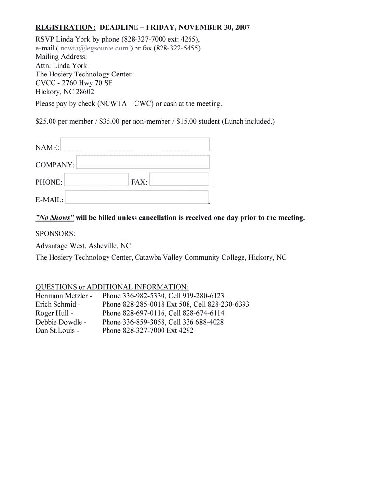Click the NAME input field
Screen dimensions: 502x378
[135, 145]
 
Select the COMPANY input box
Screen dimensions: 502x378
[143, 162]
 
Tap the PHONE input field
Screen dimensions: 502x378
[96, 180]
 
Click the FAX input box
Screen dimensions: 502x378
[179, 180]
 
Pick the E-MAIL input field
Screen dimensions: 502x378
[136, 198]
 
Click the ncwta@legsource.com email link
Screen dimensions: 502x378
[94, 48]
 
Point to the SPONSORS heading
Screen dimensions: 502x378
[55, 233]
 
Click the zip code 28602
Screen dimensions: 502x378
[82, 92]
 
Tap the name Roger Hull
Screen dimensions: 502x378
[52, 313]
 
